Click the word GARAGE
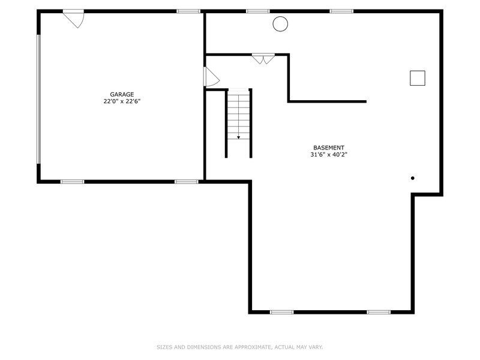(122, 95)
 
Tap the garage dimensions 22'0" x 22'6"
(122, 101)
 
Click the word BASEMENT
(329, 148)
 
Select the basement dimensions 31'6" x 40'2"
(329, 155)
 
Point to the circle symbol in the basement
(280, 17)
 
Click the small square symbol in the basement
(418, 71)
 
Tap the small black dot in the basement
(413, 178)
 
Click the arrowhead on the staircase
(238, 137)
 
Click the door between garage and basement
(211, 77)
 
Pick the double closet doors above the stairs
(263, 59)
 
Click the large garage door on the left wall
(39, 99)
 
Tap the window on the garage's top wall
(188, 11)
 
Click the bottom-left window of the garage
(72, 182)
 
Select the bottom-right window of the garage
(187, 182)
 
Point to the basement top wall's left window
(258, 11)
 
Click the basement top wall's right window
(341, 11)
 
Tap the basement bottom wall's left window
(281, 312)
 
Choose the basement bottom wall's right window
(379, 312)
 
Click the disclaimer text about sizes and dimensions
(239, 347)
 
